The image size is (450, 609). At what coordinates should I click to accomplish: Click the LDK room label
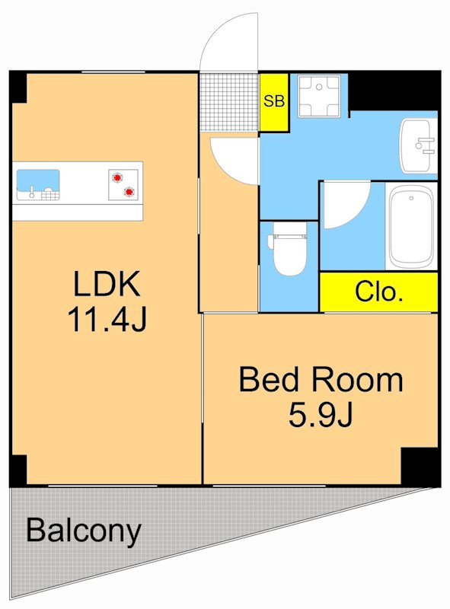[106, 284]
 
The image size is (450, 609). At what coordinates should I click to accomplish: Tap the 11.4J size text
[107, 319]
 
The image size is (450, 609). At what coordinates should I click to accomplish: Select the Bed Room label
[321, 379]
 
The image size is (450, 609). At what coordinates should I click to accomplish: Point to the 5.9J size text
[321, 414]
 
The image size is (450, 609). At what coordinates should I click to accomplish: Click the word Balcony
[84, 531]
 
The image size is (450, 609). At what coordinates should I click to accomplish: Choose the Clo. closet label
[378, 292]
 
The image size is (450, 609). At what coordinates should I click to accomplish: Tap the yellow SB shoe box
[274, 102]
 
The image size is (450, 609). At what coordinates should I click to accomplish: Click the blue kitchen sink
[38, 184]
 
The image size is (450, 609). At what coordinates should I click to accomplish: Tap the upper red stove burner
[117, 177]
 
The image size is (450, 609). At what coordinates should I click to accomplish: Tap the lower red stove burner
[129, 192]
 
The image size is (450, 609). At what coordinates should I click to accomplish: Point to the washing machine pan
[319, 96]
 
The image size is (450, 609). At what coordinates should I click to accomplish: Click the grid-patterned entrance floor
[229, 102]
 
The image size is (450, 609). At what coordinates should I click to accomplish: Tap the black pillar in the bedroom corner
[420, 467]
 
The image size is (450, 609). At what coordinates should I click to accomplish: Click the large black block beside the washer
[394, 91]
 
